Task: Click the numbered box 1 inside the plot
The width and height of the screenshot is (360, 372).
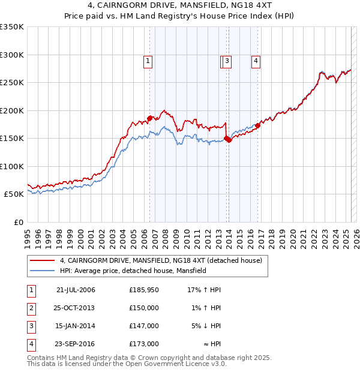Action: (148, 60)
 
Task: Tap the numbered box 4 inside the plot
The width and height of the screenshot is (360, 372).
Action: (256, 60)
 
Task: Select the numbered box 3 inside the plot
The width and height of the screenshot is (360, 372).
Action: (229, 60)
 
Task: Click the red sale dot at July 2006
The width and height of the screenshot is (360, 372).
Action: (149, 118)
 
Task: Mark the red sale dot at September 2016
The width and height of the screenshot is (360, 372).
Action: (257, 125)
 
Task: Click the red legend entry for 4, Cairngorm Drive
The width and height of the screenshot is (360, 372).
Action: (161, 261)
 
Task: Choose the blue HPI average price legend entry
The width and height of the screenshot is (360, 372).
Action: (133, 271)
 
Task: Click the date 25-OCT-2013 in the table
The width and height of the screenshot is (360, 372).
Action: (75, 308)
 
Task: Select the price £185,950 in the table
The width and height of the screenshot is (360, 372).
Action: (144, 290)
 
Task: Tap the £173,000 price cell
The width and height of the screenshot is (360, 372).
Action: (144, 344)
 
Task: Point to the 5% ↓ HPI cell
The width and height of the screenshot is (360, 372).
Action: (206, 326)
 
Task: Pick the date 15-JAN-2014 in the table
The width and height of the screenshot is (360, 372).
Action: (75, 326)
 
